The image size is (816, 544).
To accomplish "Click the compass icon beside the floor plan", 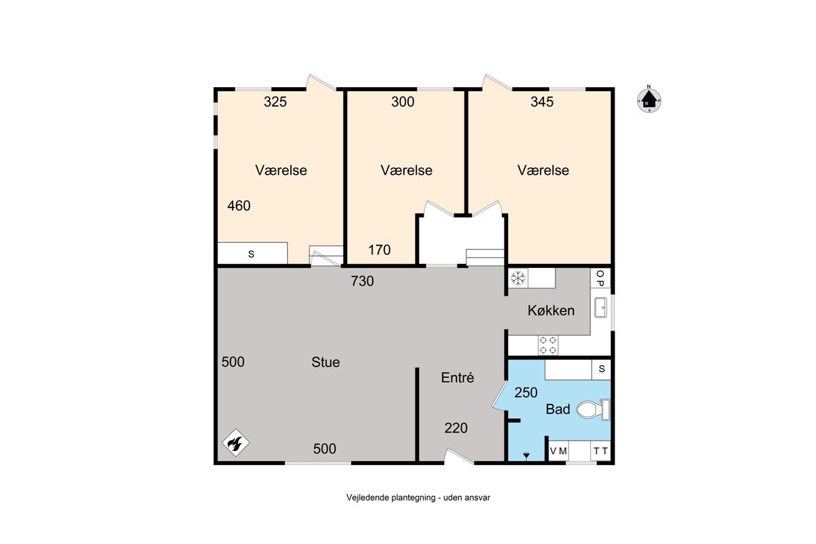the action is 649,99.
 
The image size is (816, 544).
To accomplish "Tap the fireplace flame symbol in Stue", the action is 235,443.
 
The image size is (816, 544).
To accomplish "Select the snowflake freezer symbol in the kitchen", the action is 518,278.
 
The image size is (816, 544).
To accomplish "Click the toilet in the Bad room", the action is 593,409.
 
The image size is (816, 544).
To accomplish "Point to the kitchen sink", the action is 600,307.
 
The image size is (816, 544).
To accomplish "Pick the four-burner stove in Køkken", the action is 547,345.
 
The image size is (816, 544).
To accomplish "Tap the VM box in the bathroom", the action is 558,451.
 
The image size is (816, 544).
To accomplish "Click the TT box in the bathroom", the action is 600,451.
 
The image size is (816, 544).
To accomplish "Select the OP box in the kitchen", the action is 600,278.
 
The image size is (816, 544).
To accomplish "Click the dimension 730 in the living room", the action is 362,281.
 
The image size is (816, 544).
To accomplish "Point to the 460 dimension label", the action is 239,206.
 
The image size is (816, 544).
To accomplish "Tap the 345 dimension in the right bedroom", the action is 542,101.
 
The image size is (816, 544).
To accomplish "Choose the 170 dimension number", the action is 379,250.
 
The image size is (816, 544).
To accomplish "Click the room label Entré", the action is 457,377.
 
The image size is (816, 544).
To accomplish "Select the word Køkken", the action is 551,311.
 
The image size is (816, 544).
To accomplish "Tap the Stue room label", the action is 325,362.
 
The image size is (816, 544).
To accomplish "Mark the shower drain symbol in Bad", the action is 526,455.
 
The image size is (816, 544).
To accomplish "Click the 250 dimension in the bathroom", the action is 526,392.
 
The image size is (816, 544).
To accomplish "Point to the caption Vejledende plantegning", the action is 391,498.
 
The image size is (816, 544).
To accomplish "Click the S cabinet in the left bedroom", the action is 252,253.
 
